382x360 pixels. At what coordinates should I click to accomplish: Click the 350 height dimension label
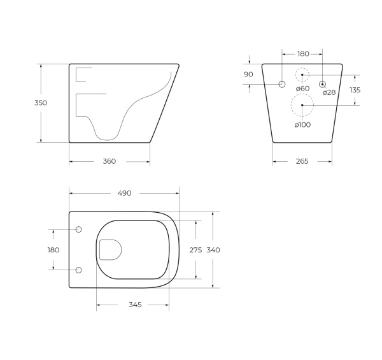click(x=41, y=103)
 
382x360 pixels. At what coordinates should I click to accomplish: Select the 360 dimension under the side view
click(x=109, y=161)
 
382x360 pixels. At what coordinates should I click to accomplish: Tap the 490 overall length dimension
click(x=124, y=193)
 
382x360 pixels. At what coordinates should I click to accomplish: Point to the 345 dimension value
click(x=134, y=305)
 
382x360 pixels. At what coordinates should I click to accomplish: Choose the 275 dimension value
click(x=196, y=250)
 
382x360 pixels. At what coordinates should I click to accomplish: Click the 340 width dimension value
click(x=213, y=250)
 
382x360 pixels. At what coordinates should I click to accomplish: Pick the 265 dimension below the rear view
click(x=302, y=161)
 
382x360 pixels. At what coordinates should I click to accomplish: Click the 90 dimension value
click(x=248, y=75)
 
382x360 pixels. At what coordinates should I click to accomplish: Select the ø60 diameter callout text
click(x=302, y=89)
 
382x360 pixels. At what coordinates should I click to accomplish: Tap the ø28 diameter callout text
click(x=329, y=93)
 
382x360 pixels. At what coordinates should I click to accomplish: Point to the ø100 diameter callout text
click(x=302, y=125)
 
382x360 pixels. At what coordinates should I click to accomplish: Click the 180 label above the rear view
click(x=303, y=54)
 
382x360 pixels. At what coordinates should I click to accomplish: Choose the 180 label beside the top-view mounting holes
click(x=53, y=250)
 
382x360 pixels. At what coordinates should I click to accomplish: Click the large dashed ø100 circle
click(x=302, y=104)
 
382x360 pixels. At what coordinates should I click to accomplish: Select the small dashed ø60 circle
click(x=302, y=75)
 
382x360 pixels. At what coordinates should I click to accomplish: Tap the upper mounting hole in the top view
click(x=79, y=229)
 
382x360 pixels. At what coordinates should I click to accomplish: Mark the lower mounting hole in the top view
click(x=79, y=270)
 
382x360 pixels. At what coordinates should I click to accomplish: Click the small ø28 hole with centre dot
click(x=322, y=84)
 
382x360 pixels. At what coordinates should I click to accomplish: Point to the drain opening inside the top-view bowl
click(x=110, y=250)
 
